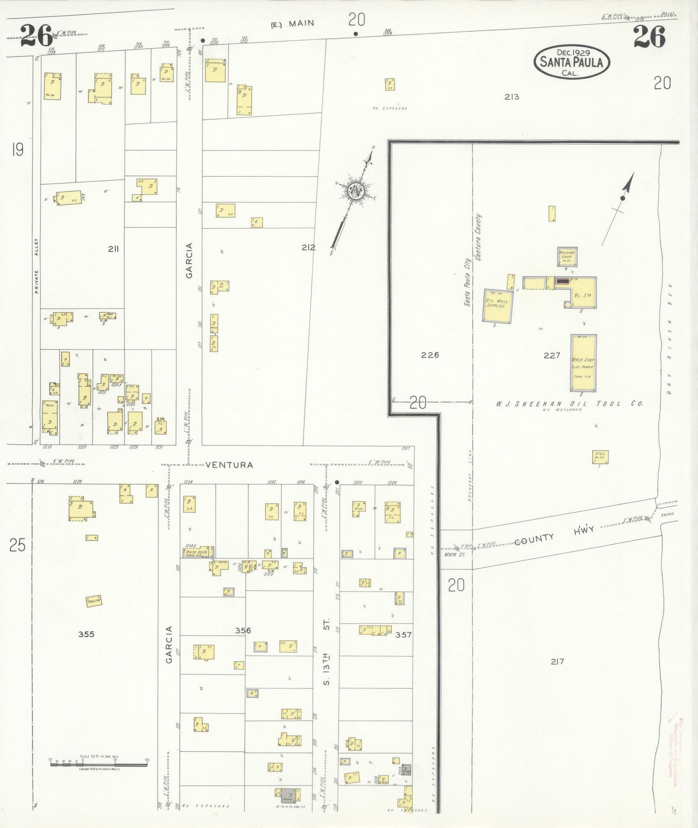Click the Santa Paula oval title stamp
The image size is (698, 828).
[x=571, y=62]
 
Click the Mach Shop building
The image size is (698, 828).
[x=583, y=363]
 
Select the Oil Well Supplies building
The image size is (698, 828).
[x=498, y=306]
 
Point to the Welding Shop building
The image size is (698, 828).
[x=567, y=257]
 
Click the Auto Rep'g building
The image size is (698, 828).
[x=199, y=552]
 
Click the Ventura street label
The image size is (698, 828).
[x=229, y=465]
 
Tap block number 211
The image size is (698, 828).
[x=113, y=249]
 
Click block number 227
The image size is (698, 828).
[x=552, y=355]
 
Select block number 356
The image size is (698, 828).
[x=243, y=630]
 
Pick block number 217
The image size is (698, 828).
[x=557, y=661]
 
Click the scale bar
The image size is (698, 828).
[x=99, y=764]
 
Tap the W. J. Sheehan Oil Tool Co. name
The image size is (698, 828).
[x=569, y=404]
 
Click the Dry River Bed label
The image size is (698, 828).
[x=670, y=338]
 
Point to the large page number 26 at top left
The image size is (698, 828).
[x=36, y=37]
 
